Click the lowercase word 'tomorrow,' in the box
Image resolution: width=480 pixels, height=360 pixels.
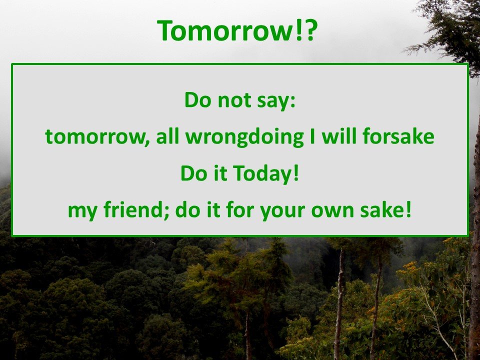[97, 137]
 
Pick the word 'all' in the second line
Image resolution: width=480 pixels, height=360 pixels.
[167, 136]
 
